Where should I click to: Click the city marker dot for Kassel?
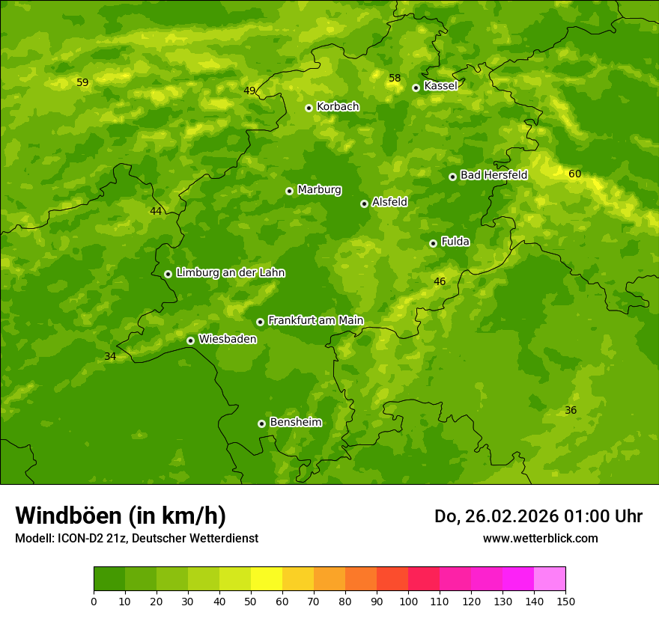click(416, 88)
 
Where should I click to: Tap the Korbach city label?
click(338, 107)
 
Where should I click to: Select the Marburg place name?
click(319, 190)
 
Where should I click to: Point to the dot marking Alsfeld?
click(364, 204)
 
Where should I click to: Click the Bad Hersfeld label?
click(494, 175)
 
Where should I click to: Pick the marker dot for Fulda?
click(433, 243)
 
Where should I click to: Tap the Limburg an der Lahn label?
click(231, 273)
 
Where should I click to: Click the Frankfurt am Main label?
click(315, 320)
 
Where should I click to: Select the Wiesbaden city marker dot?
click(190, 340)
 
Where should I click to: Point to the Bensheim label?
click(296, 423)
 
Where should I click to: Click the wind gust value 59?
click(82, 82)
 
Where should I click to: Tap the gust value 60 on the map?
click(574, 174)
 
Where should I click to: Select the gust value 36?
click(571, 411)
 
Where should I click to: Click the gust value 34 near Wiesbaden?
click(110, 356)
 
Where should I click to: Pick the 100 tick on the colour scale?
click(408, 601)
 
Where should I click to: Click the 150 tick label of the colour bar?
click(565, 601)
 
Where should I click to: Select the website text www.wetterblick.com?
click(540, 538)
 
